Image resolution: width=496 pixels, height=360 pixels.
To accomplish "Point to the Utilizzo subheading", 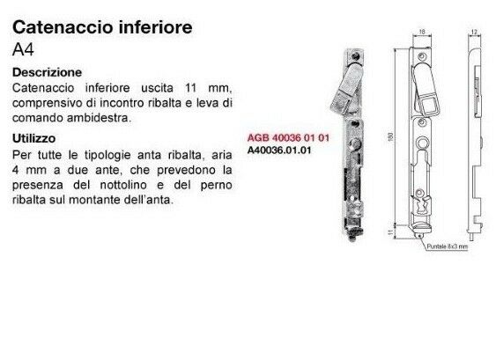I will coord(36,138).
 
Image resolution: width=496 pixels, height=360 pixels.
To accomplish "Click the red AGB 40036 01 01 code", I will coord(278,139).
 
